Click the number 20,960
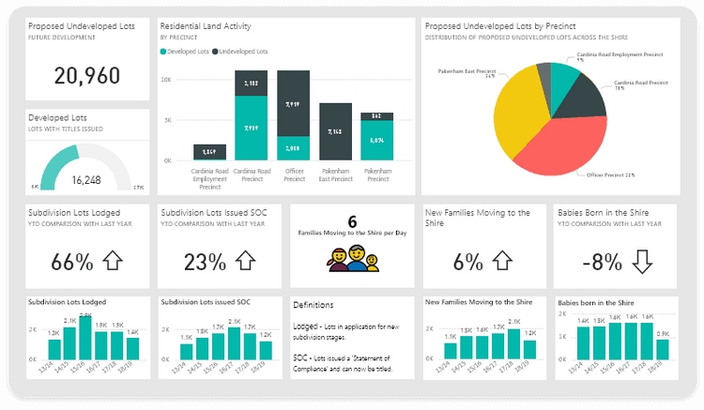(86, 76)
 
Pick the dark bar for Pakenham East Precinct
(335, 131)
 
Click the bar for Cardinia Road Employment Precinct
(209, 152)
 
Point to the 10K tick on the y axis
(167, 81)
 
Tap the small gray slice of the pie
(543, 76)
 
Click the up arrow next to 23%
(245, 262)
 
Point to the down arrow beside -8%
(641, 262)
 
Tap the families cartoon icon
(351, 257)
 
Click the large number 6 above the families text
(352, 221)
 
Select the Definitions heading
(313, 305)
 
